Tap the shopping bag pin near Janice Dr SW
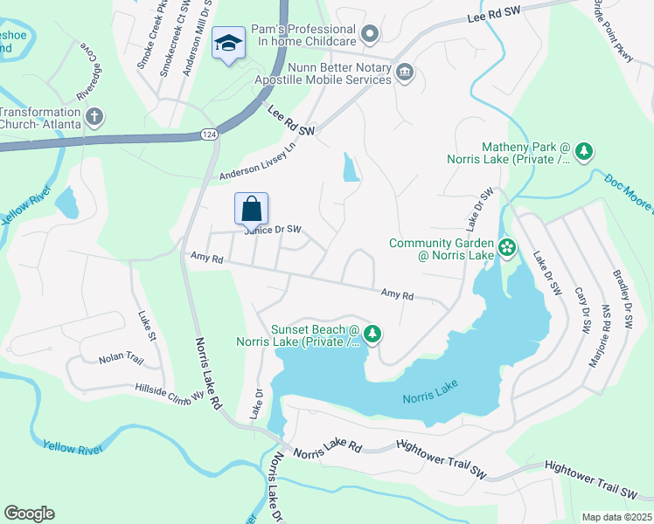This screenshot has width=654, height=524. pos(251,209)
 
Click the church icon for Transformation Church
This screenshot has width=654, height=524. pos(94,116)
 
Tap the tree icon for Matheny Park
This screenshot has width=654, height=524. pos(583,152)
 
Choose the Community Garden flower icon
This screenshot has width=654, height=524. pos(507,249)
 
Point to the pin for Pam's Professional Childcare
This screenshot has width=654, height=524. pos(370,35)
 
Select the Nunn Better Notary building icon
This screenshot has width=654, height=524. pos(404,72)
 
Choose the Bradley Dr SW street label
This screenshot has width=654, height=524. pos(623,299)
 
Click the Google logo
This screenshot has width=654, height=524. pos(29,513)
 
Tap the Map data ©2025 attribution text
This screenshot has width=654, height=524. pos(616,517)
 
